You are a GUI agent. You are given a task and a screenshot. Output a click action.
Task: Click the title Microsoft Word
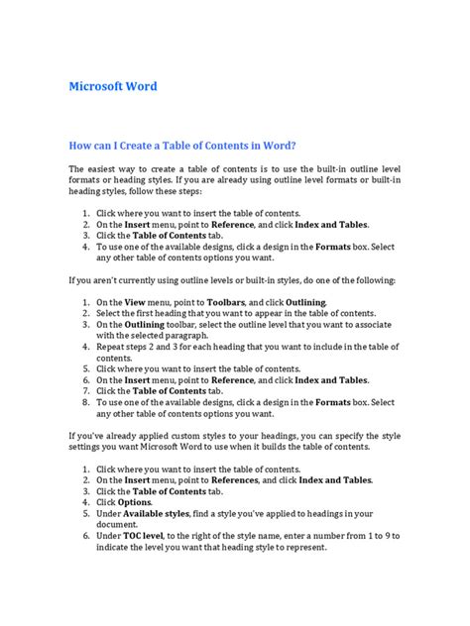click(x=113, y=86)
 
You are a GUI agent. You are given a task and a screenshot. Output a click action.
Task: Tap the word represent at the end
click(x=303, y=547)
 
